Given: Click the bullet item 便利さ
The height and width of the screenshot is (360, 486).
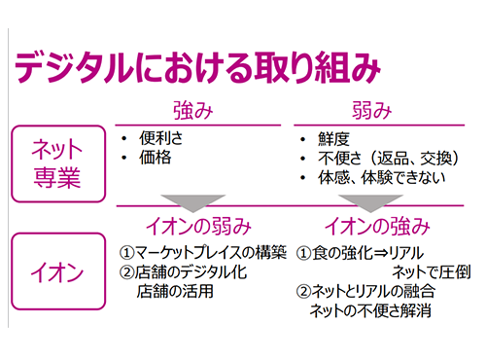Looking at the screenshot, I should (160, 137).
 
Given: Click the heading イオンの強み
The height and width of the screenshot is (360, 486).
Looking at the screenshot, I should (375, 227).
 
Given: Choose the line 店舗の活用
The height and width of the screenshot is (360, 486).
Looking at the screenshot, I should (175, 291).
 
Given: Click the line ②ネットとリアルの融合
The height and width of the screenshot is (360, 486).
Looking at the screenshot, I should (365, 292).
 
